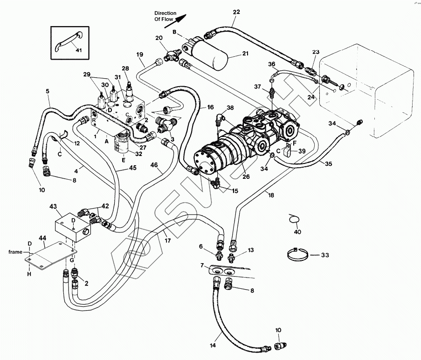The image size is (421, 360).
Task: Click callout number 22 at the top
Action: pyautogui.click(x=236, y=12)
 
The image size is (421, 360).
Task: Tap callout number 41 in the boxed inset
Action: pyautogui.click(x=78, y=50)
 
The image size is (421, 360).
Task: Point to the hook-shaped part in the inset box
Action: pyautogui.click(x=66, y=40)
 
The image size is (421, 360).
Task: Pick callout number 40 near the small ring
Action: pyautogui.click(x=297, y=231)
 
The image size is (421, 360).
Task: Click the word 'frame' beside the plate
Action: pyautogui.click(x=15, y=251)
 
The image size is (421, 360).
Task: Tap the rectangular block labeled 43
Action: pyautogui.click(x=72, y=227)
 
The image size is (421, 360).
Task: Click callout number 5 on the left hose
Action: pyautogui.click(x=47, y=92)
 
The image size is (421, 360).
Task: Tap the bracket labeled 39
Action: pyautogui.click(x=288, y=150)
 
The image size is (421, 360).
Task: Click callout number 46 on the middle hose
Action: pyautogui.click(x=154, y=165)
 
